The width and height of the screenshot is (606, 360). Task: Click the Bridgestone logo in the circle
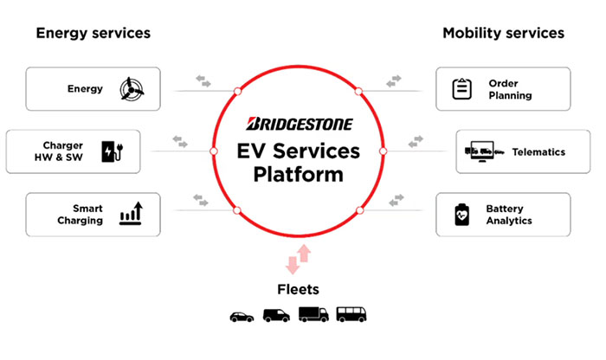(300, 124)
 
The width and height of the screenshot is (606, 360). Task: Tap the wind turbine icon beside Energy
(132, 89)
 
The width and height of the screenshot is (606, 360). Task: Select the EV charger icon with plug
(113, 151)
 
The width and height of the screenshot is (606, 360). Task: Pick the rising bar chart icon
(131, 213)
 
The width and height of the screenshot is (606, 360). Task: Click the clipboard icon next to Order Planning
(461, 88)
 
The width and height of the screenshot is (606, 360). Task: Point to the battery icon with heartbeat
(461, 215)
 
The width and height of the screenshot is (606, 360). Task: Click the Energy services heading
(93, 33)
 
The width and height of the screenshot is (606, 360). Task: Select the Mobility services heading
(503, 33)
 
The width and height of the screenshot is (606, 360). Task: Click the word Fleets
(298, 289)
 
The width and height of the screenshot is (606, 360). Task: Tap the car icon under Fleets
(242, 317)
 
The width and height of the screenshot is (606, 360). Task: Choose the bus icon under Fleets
(351, 314)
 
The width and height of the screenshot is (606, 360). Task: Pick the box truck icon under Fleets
(313, 314)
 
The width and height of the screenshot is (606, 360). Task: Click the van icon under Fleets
(276, 315)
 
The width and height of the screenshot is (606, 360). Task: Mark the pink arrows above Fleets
(298, 260)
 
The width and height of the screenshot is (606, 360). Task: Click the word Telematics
(538, 152)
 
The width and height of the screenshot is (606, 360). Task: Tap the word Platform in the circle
(299, 174)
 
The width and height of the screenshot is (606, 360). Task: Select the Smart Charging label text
(80, 215)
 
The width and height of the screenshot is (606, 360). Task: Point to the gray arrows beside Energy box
(203, 81)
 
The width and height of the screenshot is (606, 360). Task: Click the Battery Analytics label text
(509, 215)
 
